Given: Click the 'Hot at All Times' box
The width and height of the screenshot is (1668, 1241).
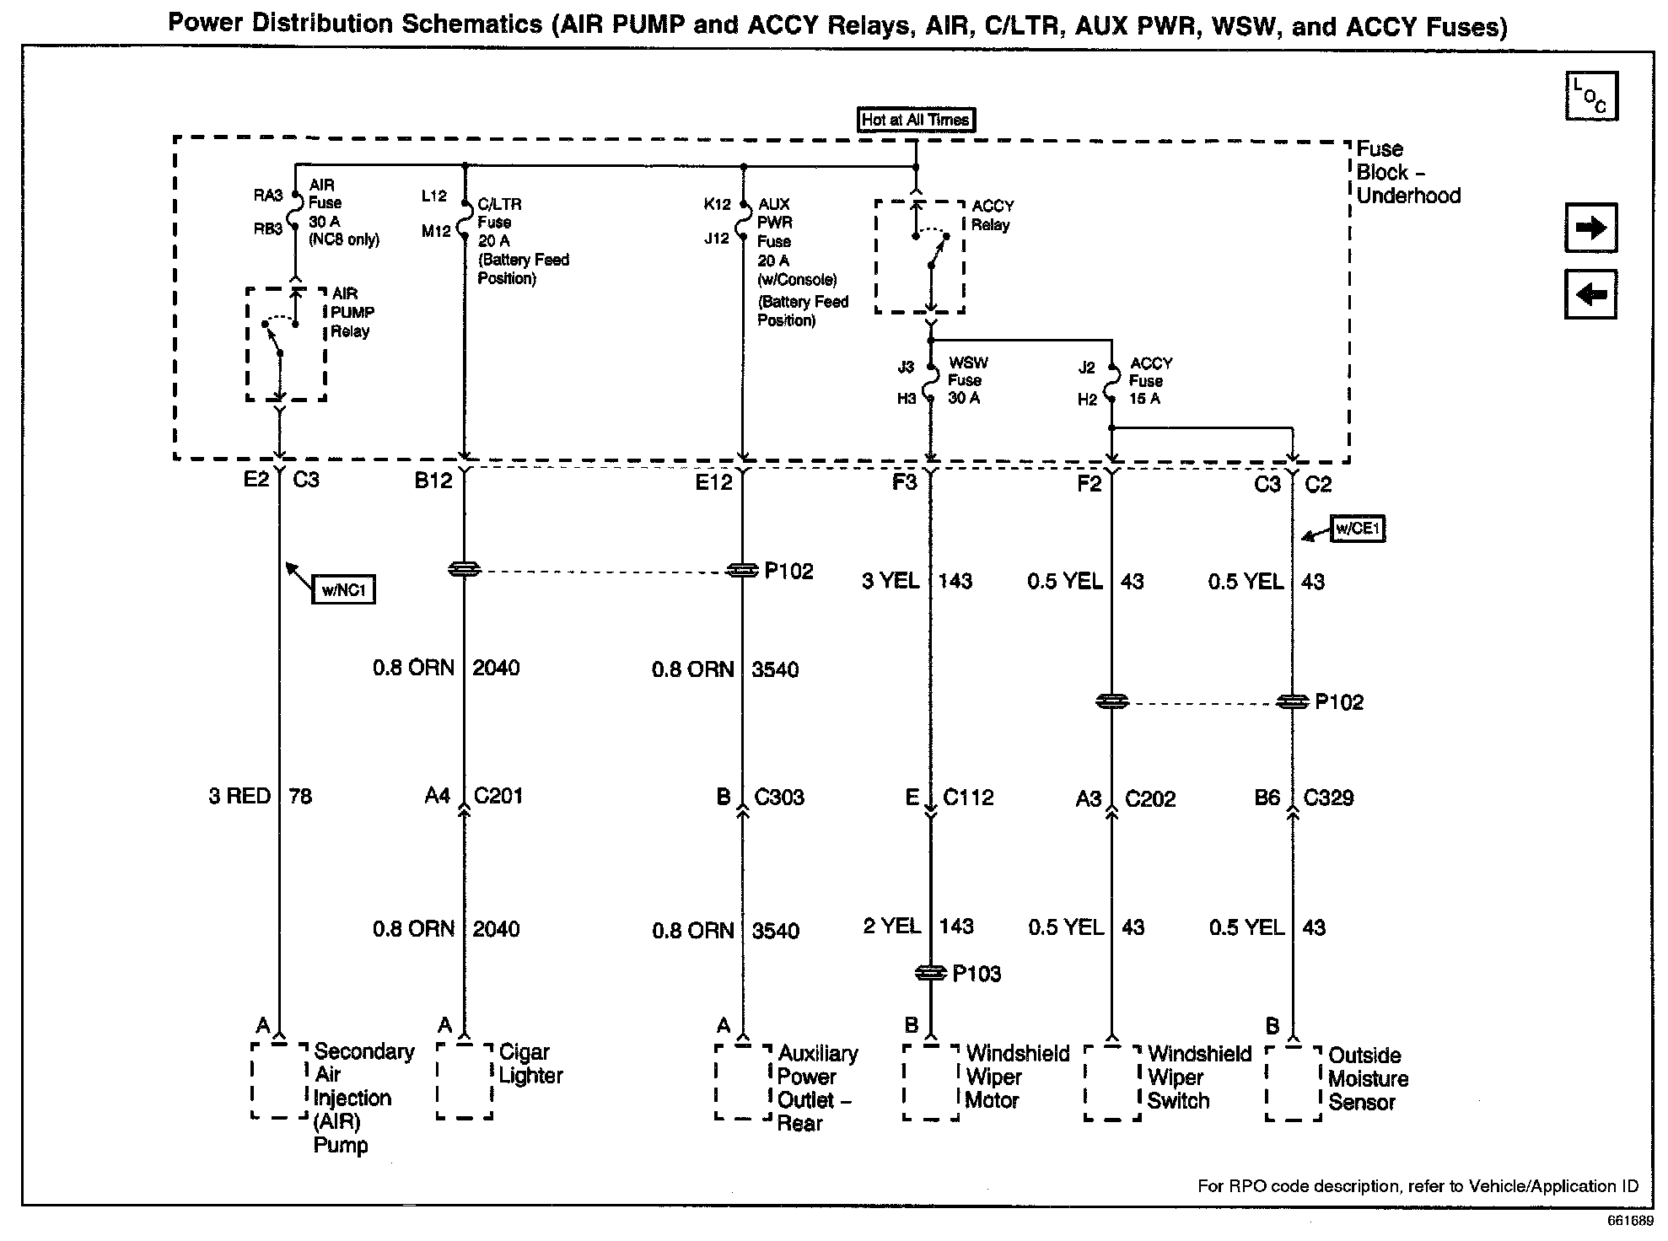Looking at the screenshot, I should [916, 120].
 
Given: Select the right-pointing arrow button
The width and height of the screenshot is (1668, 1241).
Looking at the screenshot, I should [1590, 228].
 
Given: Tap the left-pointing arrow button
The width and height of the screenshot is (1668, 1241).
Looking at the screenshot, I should [1590, 294].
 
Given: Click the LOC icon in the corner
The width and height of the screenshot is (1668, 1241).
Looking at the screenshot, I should [1590, 96].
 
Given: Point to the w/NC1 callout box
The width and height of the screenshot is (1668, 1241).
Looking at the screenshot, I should [343, 590].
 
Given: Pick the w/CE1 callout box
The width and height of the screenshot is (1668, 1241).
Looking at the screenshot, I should [1358, 529].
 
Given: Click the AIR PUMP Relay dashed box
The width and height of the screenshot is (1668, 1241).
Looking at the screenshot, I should [286, 345].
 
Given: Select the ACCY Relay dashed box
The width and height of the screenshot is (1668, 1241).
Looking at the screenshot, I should [919, 257].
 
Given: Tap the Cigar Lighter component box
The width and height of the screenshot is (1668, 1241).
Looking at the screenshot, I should [465, 1082].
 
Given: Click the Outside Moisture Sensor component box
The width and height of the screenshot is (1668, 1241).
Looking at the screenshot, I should [1294, 1083].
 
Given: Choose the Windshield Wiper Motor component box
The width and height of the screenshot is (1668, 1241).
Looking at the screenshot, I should [931, 1083].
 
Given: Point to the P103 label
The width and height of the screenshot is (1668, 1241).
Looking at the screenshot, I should [977, 975].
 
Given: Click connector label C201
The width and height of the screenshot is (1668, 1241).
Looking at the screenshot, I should [498, 796].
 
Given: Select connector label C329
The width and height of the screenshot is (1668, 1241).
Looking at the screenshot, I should [1328, 798].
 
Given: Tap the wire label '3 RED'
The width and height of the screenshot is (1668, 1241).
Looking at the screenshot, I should [239, 796].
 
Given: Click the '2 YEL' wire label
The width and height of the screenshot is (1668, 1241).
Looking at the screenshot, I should [891, 927].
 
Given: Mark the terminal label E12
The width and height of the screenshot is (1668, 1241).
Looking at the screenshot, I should [713, 482].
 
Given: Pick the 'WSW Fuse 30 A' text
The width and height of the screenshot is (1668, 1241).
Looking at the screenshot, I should [966, 380].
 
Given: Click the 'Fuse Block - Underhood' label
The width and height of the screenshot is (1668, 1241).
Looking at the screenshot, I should [1407, 172].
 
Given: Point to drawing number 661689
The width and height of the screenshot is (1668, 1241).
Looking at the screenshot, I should [1630, 1221].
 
